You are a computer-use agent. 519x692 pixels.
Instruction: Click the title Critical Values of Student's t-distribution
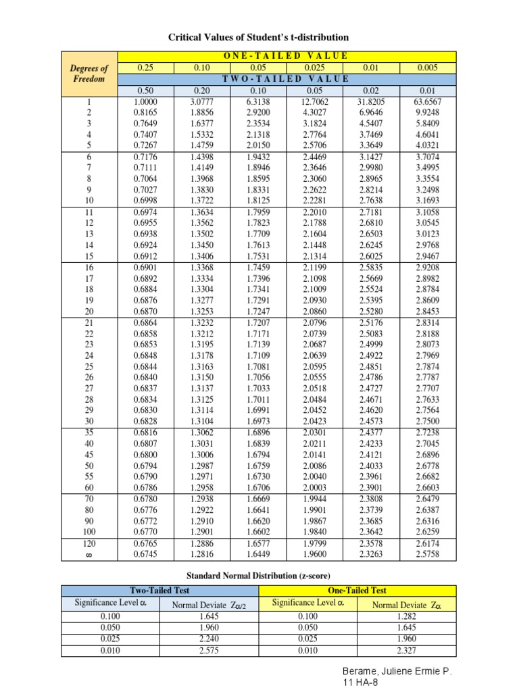[259, 37]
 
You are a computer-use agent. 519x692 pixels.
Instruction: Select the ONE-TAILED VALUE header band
[287, 55]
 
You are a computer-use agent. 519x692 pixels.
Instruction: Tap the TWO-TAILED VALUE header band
[287, 78]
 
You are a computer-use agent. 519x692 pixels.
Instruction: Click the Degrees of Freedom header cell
[89, 73]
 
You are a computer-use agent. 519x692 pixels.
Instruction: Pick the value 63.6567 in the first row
[428, 102]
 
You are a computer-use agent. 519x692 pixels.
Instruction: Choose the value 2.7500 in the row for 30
[428, 420]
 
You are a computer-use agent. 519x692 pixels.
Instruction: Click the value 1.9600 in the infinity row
[314, 555]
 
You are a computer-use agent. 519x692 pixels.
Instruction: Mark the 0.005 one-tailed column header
[428, 68]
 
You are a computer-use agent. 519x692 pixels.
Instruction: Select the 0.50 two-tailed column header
[146, 91]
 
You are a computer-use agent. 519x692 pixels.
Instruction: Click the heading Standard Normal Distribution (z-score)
[259, 575]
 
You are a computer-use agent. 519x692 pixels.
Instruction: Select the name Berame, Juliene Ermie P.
[396, 673]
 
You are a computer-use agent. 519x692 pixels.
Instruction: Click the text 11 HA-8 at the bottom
[362, 685]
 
